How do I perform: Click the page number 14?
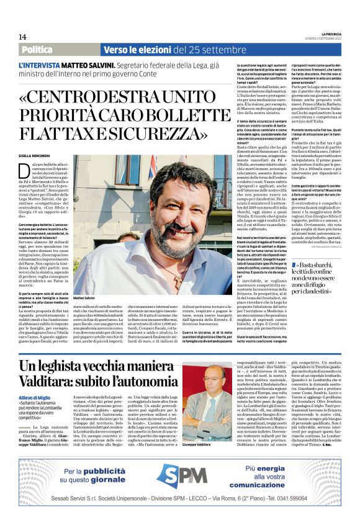[23, 37]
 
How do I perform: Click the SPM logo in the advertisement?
[180, 477]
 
